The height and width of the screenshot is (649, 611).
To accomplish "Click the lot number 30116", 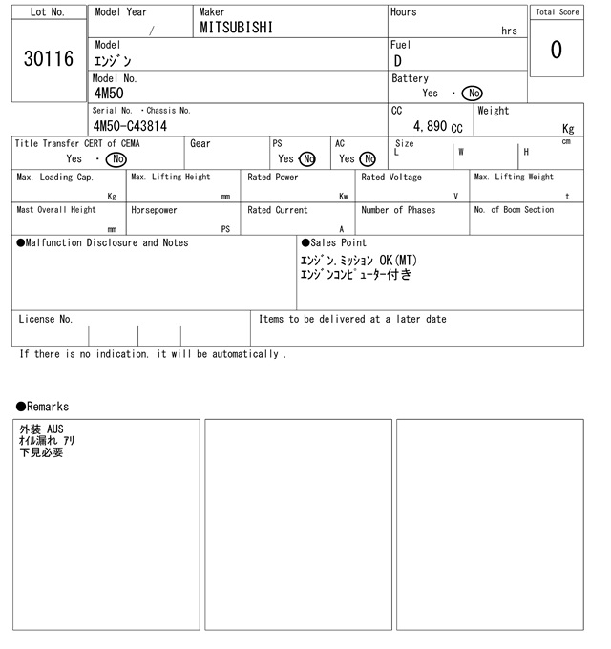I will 48,59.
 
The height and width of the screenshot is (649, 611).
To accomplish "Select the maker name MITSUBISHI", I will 236,28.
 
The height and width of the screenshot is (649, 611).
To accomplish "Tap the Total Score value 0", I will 557,49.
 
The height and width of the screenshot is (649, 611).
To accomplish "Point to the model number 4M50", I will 111,94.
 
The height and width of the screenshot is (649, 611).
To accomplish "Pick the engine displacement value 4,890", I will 431,126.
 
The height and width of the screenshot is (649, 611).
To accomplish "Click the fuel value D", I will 397,61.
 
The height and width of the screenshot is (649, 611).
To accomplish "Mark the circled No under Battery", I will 472,94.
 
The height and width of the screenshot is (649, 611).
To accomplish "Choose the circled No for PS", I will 306,159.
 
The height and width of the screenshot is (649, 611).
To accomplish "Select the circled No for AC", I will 368,159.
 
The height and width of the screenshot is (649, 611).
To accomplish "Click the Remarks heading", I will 42,407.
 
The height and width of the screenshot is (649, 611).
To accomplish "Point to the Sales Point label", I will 333,243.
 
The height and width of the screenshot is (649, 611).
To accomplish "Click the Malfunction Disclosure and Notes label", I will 102,243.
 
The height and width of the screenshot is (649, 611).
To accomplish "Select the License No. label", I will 45,320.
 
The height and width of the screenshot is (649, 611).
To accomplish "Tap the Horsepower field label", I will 154,210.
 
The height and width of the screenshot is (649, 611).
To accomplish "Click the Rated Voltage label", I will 390,178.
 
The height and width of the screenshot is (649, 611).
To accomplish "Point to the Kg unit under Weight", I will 568,128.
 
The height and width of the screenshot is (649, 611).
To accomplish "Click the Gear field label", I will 200,143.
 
